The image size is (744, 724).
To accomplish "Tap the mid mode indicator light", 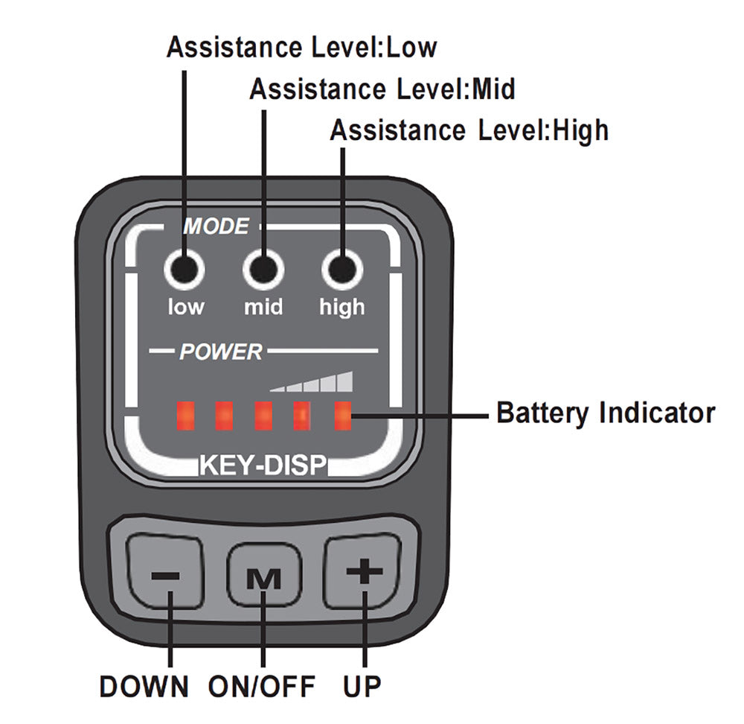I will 263,269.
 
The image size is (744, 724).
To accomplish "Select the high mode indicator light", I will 341,269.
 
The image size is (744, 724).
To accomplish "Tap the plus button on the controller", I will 364,572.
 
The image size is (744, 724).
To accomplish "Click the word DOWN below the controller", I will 144,686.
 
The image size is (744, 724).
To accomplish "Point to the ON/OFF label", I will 262,686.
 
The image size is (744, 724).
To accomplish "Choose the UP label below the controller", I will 362,686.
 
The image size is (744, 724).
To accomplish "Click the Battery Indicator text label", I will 606,412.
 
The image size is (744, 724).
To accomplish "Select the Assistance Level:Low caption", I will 301,48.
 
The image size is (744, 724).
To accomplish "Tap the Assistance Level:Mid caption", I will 382,89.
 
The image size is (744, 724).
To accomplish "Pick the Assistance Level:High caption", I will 469,130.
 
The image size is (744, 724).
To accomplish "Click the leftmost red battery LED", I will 185,416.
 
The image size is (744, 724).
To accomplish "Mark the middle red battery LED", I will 263,416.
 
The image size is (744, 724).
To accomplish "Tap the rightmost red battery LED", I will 342,416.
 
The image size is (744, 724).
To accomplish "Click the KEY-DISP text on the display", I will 263,466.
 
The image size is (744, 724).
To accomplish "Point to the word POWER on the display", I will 221,352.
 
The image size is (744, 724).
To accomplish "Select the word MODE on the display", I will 216,226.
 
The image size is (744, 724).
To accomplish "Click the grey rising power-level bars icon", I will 312,381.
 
